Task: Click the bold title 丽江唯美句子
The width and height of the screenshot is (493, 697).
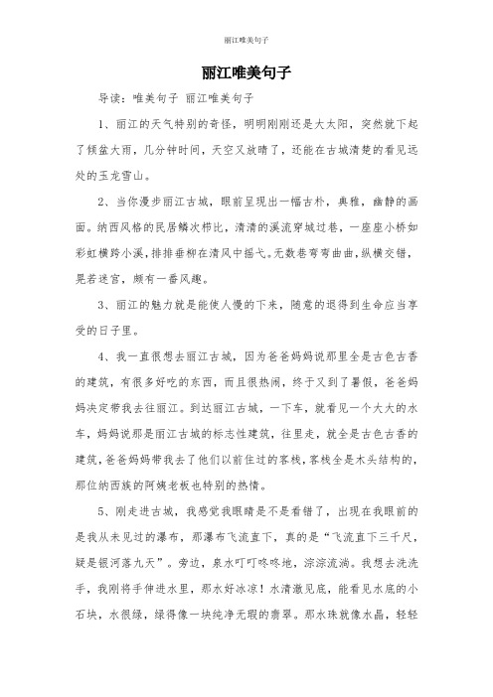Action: (246, 73)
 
